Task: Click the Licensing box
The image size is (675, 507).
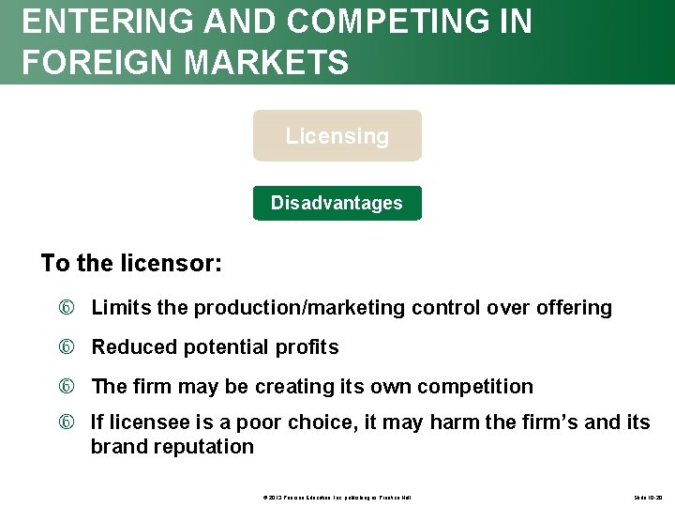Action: pos(337,136)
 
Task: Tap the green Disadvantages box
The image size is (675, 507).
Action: pos(337,203)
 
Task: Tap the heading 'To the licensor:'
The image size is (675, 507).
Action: pos(131,263)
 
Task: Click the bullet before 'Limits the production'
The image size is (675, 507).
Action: pos(73,308)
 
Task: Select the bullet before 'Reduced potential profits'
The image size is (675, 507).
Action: pos(73,347)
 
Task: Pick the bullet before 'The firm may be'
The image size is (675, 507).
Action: pos(73,387)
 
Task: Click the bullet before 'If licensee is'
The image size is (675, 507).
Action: pos(73,422)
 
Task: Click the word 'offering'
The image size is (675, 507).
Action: pos(574,308)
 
